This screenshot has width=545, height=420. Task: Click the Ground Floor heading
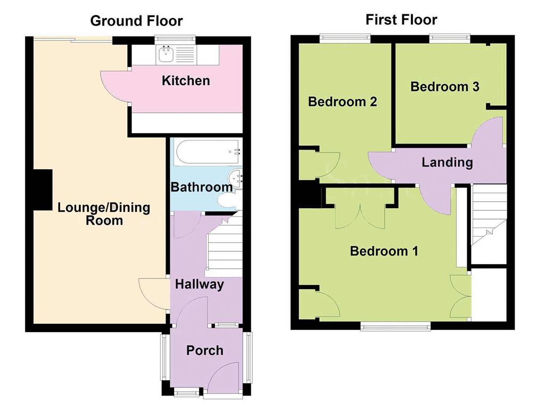(x=136, y=21)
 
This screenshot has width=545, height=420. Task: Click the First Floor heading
(x=401, y=20)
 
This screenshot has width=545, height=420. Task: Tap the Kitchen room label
(x=186, y=81)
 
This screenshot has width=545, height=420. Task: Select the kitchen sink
(x=165, y=54)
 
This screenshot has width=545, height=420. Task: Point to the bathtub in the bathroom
(x=208, y=152)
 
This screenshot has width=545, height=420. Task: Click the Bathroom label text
(x=202, y=187)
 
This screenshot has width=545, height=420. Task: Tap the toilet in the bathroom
(x=227, y=201)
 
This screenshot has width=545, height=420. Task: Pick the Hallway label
(x=200, y=284)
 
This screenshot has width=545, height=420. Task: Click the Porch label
(x=205, y=350)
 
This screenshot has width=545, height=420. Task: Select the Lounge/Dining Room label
(x=104, y=214)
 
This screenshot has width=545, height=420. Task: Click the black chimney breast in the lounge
(x=43, y=190)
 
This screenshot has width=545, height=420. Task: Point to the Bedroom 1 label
(x=384, y=251)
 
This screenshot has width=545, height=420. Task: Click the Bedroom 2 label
(x=342, y=102)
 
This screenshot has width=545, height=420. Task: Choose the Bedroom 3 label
(x=445, y=86)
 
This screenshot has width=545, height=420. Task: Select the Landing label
(x=447, y=162)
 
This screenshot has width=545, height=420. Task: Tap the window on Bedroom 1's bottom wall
(x=395, y=326)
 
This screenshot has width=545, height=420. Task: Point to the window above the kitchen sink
(x=175, y=40)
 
